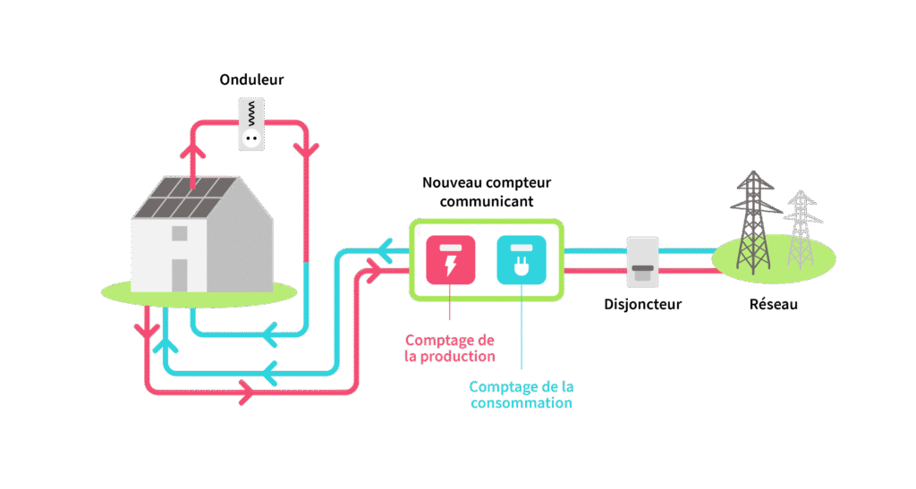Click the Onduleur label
click(x=251, y=80)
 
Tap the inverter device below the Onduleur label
click(x=251, y=124)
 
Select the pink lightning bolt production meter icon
click(x=451, y=259)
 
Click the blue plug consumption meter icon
click(x=522, y=259)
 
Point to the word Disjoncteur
click(x=642, y=304)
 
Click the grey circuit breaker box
click(x=642, y=262)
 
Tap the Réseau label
click(x=774, y=304)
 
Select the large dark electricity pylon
click(x=754, y=222)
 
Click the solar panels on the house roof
click(x=186, y=198)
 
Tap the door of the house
click(x=179, y=274)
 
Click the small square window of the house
click(x=179, y=233)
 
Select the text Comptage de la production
click(x=450, y=348)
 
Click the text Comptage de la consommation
click(x=522, y=394)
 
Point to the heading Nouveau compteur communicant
click(x=487, y=192)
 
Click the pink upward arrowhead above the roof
click(x=193, y=150)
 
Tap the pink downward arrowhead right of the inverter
click(x=306, y=150)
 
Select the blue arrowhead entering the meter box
click(x=385, y=251)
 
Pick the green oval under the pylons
click(x=774, y=258)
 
